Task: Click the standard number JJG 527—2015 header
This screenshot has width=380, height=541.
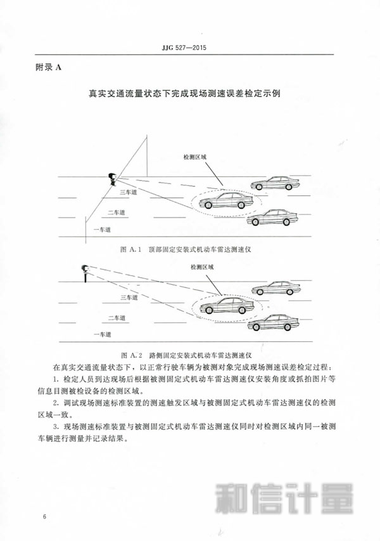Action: click(184, 48)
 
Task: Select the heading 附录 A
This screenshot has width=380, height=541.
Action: click(49, 68)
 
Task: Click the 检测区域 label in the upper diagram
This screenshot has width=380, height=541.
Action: click(194, 157)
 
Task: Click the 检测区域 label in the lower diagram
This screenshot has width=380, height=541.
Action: click(202, 267)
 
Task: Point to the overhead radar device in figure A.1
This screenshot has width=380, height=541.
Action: click(112, 179)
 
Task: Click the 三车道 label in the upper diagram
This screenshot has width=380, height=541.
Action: click(128, 192)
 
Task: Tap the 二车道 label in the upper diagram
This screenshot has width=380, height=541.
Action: click(117, 212)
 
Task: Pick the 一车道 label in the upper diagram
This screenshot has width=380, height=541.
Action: click(103, 230)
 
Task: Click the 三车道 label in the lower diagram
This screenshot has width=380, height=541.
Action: click(129, 297)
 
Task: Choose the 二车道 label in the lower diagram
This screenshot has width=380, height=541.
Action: click(117, 318)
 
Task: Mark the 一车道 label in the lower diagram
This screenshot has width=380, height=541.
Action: click(103, 334)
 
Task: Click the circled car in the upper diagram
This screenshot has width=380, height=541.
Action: click(226, 201)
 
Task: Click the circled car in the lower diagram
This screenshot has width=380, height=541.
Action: click(227, 306)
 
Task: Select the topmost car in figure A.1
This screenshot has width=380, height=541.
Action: click(275, 183)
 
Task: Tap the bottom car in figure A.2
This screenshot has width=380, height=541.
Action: click(273, 323)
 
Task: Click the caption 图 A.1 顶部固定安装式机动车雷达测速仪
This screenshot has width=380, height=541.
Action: click(186, 249)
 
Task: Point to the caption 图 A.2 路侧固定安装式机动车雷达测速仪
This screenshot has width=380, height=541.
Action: click(186, 355)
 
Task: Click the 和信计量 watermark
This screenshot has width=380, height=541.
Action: click(284, 499)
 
